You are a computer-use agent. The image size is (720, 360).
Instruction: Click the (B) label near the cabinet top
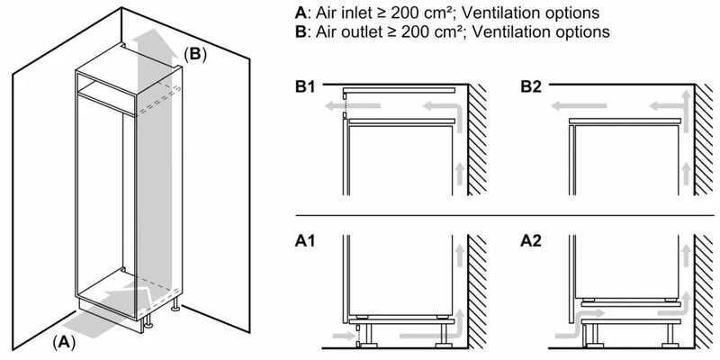[195, 55]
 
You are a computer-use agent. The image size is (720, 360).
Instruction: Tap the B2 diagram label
[532, 87]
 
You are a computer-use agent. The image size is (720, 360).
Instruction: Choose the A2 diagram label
[532, 242]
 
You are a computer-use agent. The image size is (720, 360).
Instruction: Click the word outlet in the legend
[358, 32]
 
